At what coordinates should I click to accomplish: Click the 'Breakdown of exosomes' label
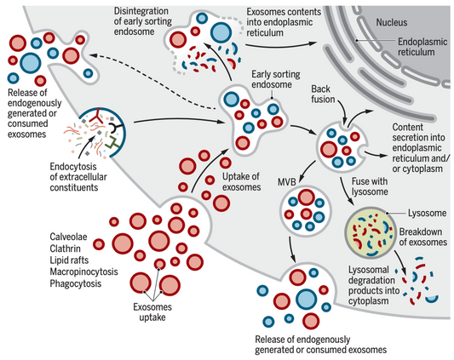pos(421,236)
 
